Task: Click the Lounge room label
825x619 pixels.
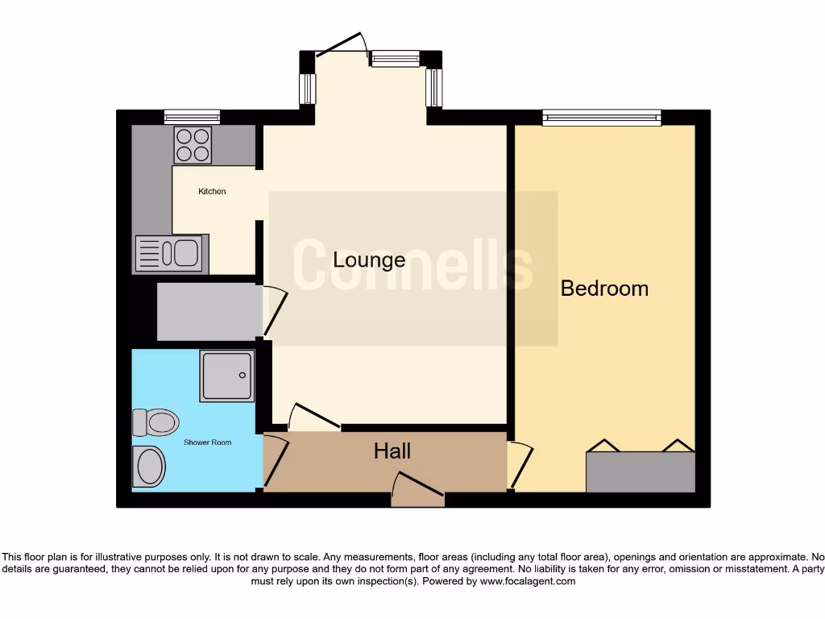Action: tap(369, 260)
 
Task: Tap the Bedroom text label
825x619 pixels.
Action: tap(604, 289)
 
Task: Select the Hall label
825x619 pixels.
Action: tap(392, 451)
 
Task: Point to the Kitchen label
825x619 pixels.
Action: tap(212, 192)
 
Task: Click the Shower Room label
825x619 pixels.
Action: tap(207, 442)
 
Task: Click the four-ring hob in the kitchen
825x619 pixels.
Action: tap(193, 146)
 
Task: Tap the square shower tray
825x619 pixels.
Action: tap(227, 376)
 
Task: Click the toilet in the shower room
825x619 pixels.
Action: tap(155, 422)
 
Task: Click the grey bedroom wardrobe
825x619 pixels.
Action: tap(641, 472)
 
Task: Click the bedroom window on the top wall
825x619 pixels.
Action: tap(601, 118)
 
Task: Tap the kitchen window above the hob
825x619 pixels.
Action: tap(192, 117)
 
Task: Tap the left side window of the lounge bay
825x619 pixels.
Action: tap(307, 89)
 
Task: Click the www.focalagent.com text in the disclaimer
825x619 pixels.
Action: tap(527, 581)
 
